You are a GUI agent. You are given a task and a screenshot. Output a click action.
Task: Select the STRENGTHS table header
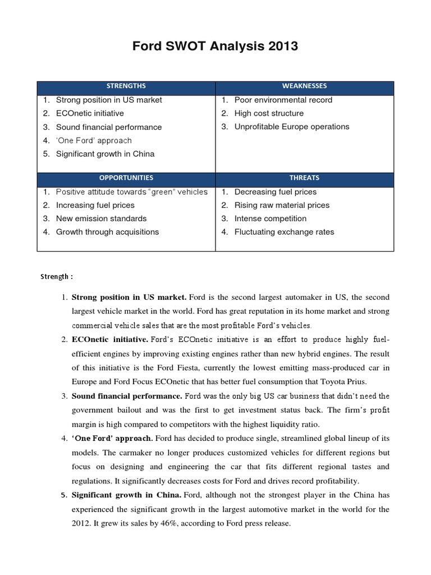click(126, 86)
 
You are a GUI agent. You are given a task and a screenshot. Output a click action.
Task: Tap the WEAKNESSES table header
click(305, 86)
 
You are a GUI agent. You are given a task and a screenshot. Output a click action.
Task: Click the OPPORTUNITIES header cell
click(126, 177)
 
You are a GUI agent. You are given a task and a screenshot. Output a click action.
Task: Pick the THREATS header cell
click(305, 177)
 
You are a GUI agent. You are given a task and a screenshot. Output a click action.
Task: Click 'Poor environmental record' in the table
click(283, 100)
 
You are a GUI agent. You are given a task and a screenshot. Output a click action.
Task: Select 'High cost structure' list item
click(269, 113)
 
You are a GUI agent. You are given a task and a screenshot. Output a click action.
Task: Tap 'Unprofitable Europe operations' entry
click(291, 127)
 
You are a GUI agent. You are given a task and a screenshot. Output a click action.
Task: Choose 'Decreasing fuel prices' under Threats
click(276, 192)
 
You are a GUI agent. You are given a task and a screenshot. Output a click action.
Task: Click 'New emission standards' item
click(101, 219)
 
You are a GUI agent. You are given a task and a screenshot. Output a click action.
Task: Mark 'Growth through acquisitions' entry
click(107, 232)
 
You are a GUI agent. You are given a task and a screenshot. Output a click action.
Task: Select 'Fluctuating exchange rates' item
click(284, 232)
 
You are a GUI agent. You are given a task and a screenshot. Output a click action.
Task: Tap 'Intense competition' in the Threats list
click(270, 219)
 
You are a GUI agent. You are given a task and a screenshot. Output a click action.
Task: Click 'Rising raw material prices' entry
click(282, 206)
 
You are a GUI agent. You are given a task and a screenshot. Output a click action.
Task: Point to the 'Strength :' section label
click(57, 276)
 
